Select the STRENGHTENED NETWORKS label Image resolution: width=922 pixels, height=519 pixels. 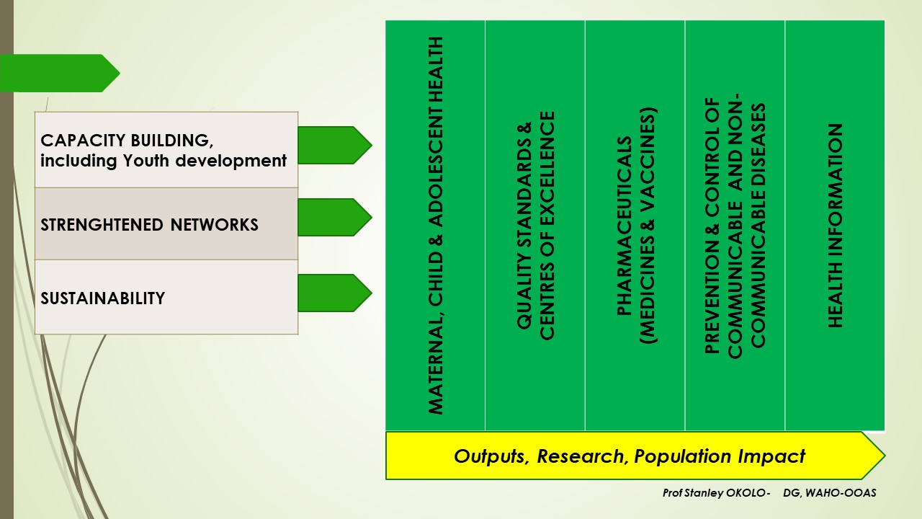tap(149, 225)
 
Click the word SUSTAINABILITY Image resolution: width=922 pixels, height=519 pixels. tap(103, 298)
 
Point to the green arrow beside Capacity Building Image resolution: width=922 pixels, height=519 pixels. tap(335, 146)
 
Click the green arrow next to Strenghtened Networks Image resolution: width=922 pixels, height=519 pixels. tap(335, 217)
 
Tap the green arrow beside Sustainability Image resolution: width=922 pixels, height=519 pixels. tap(335, 293)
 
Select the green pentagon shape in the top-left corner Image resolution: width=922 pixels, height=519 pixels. tap(60, 74)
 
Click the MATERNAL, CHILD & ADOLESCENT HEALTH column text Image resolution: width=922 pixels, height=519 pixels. tap(436, 226)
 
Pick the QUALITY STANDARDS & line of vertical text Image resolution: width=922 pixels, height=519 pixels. tap(524, 226)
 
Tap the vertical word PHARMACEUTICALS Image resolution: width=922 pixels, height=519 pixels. tap(625, 226)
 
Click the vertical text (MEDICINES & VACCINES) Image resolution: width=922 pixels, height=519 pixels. tap(648, 226)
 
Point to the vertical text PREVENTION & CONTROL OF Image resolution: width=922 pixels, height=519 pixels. tap(712, 226)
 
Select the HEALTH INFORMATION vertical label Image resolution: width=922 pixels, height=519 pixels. tap(835, 226)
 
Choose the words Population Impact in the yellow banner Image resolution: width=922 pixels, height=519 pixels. tap(720, 457)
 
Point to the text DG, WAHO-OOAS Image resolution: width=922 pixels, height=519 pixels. tap(830, 493)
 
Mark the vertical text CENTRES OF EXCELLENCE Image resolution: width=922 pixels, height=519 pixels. tap(547, 226)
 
